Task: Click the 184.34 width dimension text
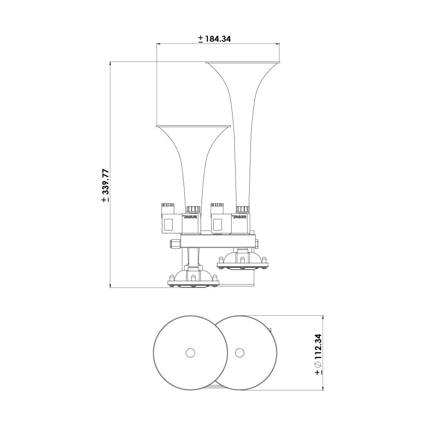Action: point(218,39)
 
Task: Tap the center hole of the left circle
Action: point(190,353)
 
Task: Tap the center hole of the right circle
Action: point(239,353)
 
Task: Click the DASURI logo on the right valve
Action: point(239,217)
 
